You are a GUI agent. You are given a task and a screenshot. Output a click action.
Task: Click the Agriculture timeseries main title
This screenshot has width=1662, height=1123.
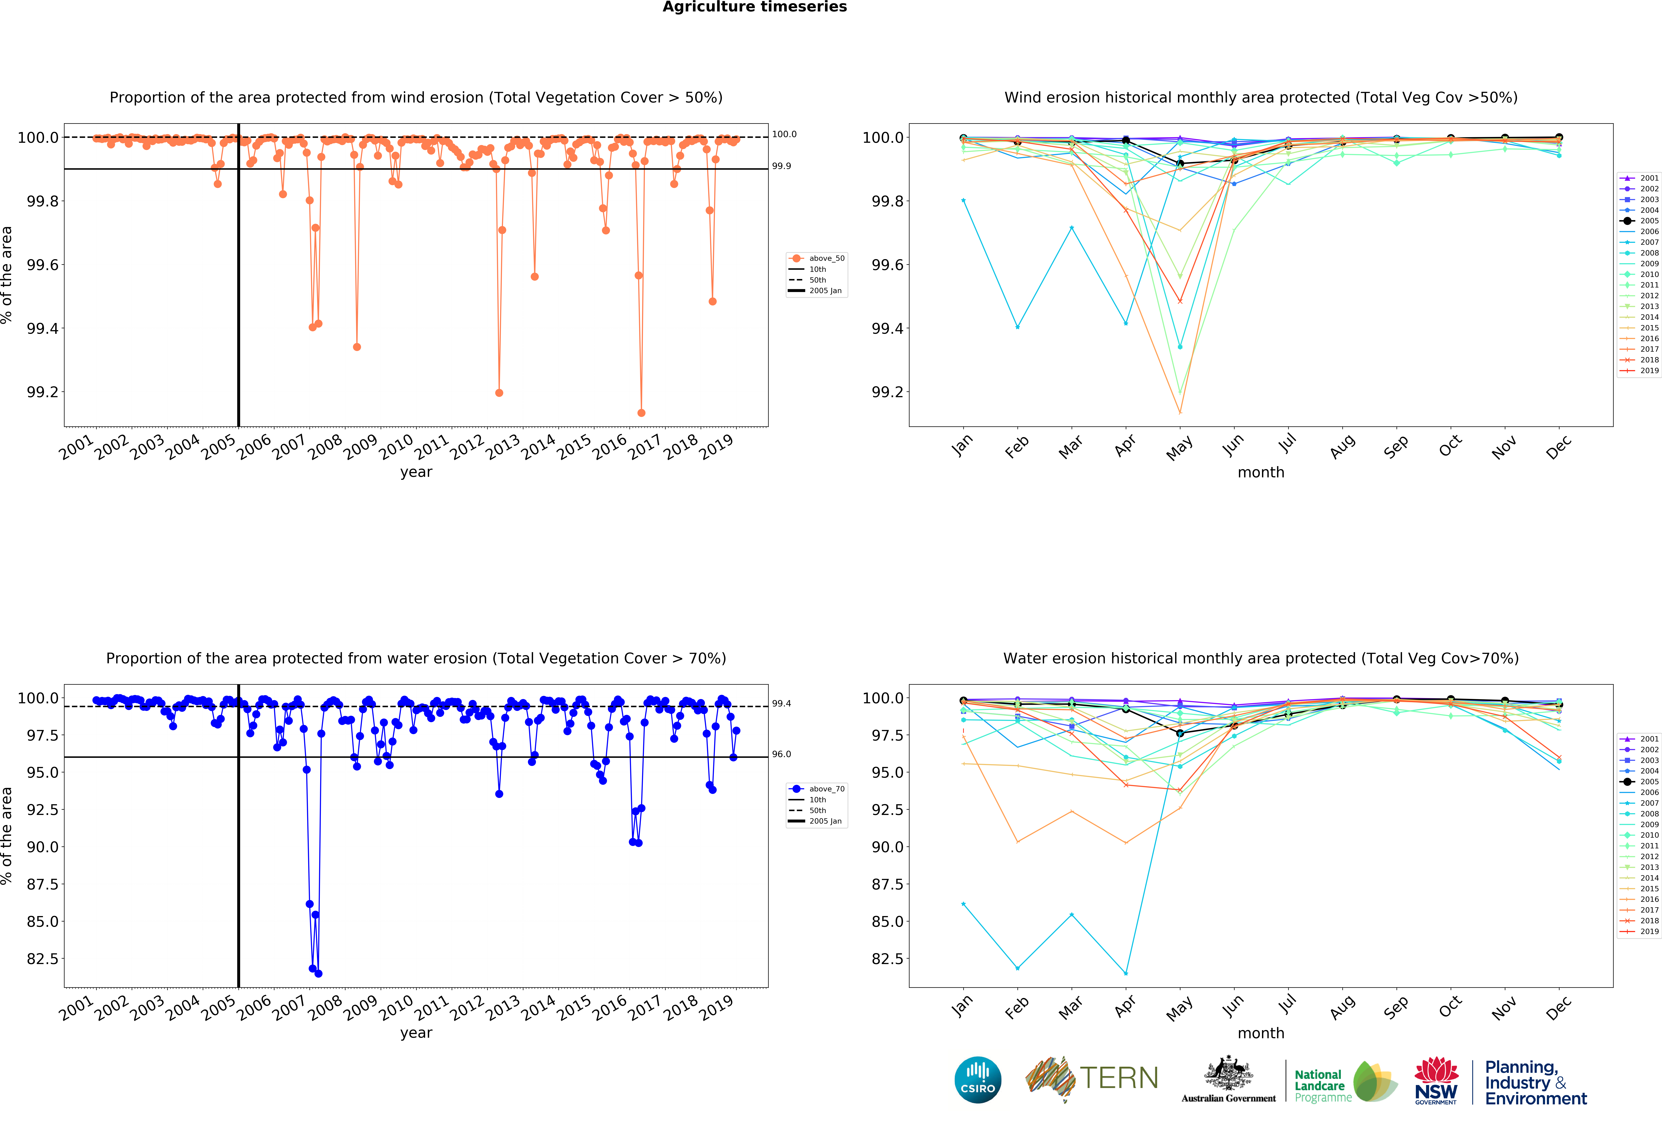754,7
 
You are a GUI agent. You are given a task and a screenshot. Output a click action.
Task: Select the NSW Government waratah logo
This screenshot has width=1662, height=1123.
1436,1080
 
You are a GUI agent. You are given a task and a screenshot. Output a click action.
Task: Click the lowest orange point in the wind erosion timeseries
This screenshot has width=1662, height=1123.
642,413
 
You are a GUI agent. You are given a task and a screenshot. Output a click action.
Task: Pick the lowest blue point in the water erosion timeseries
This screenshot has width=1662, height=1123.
318,974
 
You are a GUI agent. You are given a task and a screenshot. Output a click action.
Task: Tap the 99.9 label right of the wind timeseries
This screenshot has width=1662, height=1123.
781,166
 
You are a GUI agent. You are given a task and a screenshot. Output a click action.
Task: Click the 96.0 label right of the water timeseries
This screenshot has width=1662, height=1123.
781,754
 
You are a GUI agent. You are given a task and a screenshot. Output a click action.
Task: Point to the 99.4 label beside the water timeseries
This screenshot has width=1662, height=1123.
781,704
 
